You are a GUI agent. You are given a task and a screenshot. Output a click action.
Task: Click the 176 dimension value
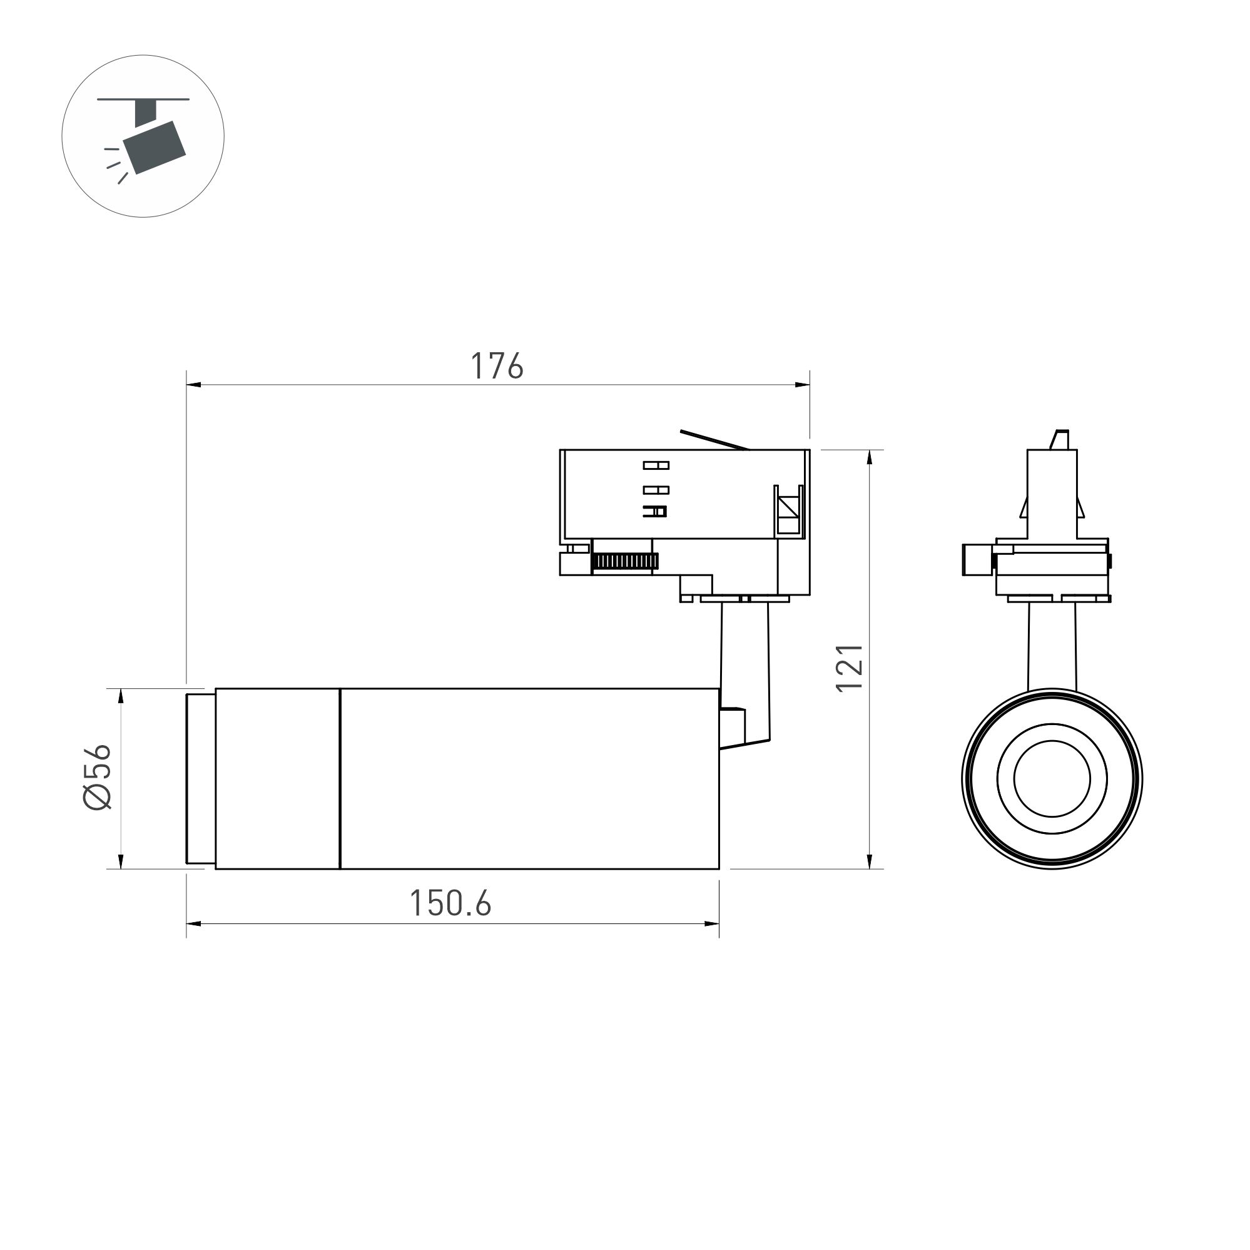tap(496, 366)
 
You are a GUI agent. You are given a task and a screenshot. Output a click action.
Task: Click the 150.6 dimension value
tap(450, 903)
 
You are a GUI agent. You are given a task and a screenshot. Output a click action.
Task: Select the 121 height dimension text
tap(850, 668)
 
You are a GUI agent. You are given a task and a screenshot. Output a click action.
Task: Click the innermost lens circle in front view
tap(1052, 778)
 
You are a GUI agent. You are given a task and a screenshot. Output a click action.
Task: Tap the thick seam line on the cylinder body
tap(340, 778)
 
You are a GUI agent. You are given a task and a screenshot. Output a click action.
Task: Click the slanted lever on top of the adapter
tap(714, 439)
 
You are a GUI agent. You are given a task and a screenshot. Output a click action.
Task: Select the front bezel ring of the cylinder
tap(201, 778)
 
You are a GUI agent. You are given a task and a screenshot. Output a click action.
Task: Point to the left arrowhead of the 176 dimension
tap(193, 385)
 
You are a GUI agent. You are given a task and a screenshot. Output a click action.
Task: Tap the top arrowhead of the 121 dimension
tap(870, 457)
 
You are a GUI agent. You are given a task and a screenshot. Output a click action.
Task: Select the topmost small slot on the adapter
tap(656, 465)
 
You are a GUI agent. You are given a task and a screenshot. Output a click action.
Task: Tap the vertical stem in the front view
tap(1052, 647)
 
